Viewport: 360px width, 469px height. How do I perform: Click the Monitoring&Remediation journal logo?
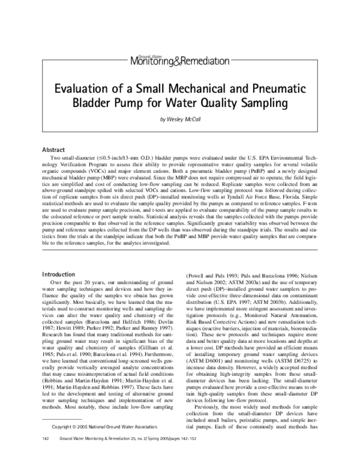[179, 59]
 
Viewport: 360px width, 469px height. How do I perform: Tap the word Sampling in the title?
[268, 103]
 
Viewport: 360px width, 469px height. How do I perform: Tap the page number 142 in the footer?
[46, 455]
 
